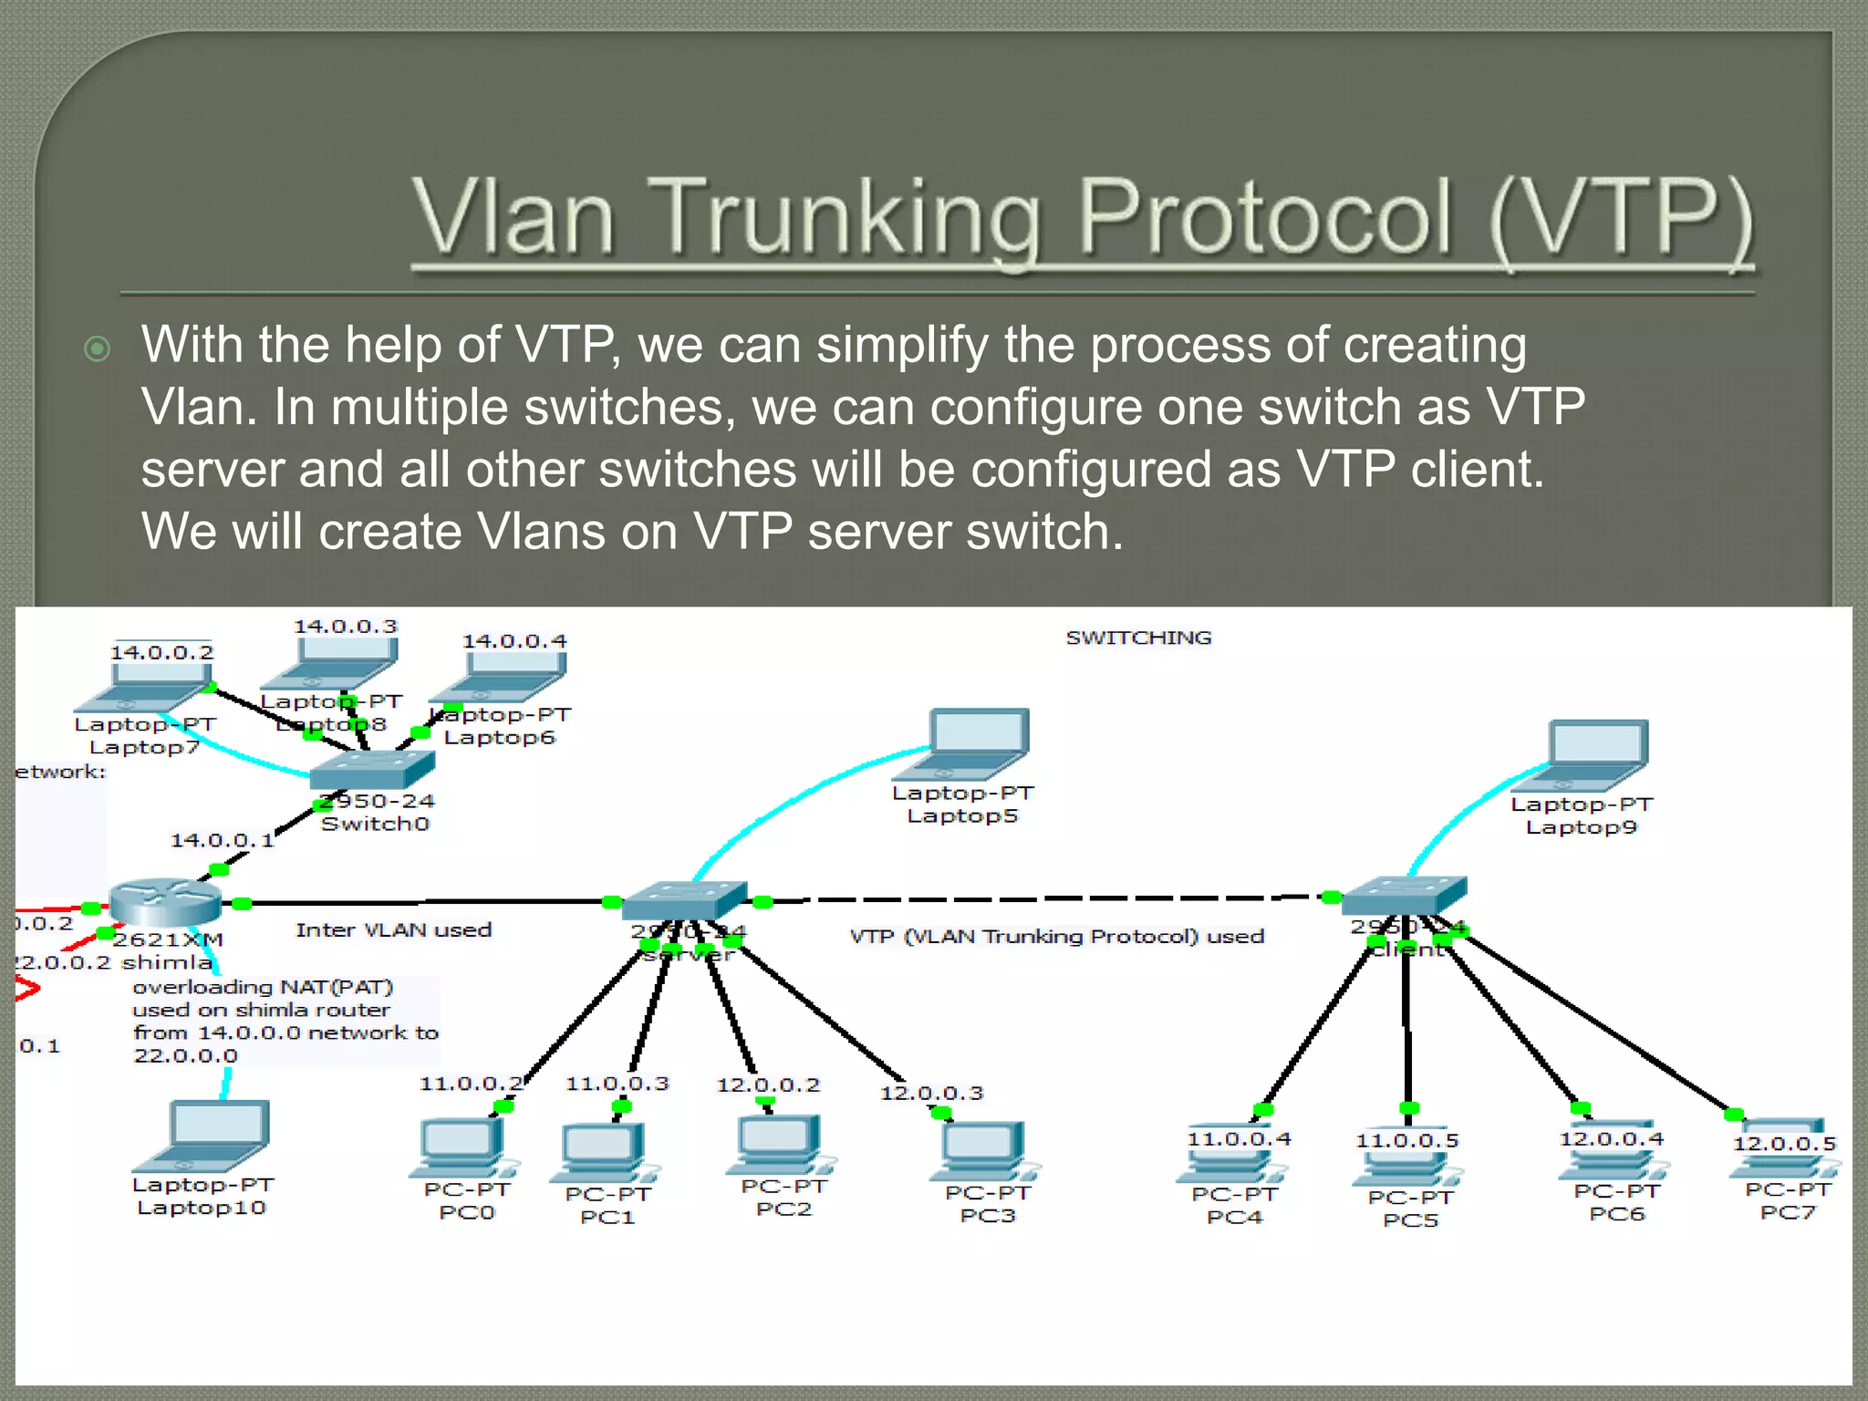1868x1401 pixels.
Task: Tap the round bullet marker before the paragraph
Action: pyautogui.click(x=97, y=348)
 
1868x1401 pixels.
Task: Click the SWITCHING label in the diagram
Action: pyautogui.click(x=1138, y=638)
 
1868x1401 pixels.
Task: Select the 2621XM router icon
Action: pyautogui.click(x=165, y=901)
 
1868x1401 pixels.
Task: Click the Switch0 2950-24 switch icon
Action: pyautogui.click(x=371, y=771)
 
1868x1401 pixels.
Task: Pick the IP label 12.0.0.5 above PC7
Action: pyautogui.click(x=1784, y=1144)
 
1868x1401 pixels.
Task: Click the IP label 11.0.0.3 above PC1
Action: pyautogui.click(x=617, y=1084)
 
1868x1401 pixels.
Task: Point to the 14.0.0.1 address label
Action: pyautogui.click(x=222, y=840)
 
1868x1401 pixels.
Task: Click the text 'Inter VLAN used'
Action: pyautogui.click(x=393, y=930)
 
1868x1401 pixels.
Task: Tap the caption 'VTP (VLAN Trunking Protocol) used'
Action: pyautogui.click(x=1056, y=937)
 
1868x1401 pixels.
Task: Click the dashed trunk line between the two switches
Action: pyautogui.click(x=1049, y=899)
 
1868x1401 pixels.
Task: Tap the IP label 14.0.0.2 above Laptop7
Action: pyautogui.click(x=161, y=652)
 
